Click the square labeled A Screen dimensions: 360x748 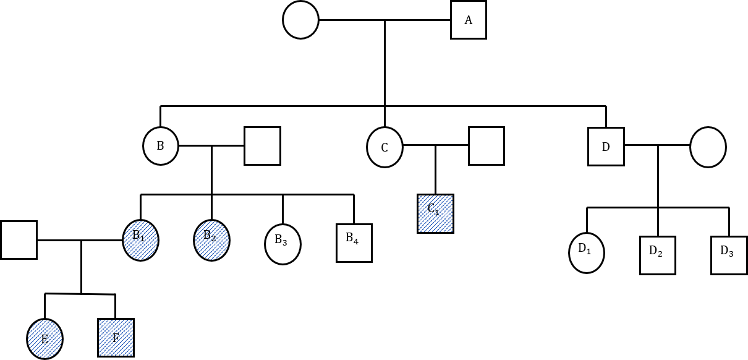(x=468, y=20)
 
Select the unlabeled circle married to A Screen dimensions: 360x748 (x=300, y=20)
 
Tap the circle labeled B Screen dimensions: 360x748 (x=161, y=146)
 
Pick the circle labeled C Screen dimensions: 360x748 (x=385, y=147)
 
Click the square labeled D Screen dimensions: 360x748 (x=606, y=147)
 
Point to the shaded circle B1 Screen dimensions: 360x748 (x=141, y=240)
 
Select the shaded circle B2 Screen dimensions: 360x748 (x=211, y=240)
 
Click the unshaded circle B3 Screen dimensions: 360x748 (x=283, y=244)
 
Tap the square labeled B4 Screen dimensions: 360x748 (x=354, y=242)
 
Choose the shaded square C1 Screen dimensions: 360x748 (x=435, y=213)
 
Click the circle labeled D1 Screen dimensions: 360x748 (x=587, y=253)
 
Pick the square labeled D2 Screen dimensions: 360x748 (x=657, y=255)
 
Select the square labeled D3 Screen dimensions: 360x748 (x=729, y=255)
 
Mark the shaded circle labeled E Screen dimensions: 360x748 (x=45, y=338)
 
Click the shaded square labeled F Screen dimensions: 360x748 (x=116, y=338)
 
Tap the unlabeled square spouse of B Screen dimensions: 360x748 (x=262, y=146)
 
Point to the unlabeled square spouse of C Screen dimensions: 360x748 (x=486, y=146)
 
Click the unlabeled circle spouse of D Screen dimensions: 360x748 (x=708, y=147)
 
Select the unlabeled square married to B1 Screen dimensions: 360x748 (x=19, y=239)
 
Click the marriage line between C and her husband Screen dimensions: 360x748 (x=435, y=146)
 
